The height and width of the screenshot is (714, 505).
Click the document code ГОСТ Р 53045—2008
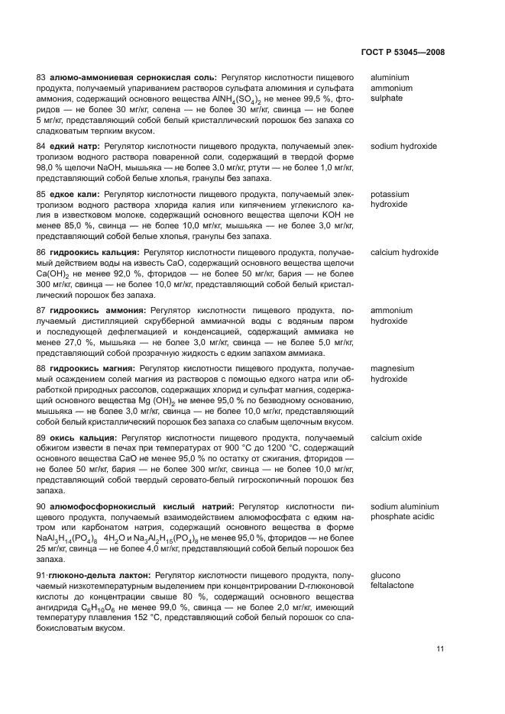click(x=402, y=53)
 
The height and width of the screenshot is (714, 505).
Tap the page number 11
click(x=440, y=649)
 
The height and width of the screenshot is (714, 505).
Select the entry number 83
click(x=41, y=78)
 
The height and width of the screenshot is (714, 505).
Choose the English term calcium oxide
click(x=396, y=438)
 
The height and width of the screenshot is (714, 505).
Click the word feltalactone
click(x=393, y=585)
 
